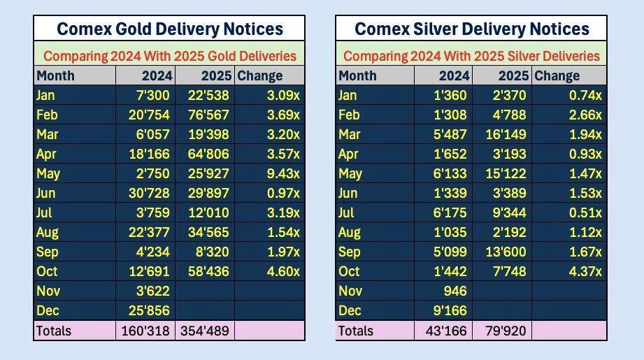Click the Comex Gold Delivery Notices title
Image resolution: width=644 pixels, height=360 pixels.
coord(169,29)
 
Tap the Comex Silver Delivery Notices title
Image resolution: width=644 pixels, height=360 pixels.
coord(472,29)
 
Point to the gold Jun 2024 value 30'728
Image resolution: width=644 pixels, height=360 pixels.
coord(147,193)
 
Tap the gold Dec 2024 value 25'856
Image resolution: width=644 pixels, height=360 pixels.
coord(147,310)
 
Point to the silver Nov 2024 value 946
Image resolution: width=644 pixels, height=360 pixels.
coord(455,291)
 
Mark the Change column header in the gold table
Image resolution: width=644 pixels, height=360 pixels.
coord(260,75)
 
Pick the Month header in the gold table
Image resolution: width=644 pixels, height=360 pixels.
coord(55,75)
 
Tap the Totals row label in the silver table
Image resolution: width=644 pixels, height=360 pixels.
coord(356,331)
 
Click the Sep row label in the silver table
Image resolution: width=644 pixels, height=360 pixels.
coord(349,252)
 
